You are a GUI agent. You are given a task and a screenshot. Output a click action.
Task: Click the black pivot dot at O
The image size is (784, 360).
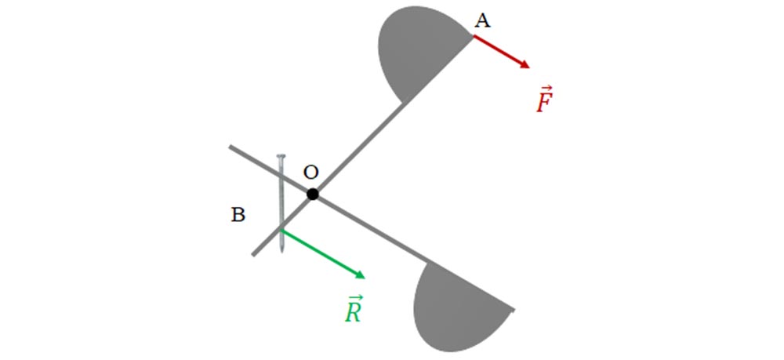313,194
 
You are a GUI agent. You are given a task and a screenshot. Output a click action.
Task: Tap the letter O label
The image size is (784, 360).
311,173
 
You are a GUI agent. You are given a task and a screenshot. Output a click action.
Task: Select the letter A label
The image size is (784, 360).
482,21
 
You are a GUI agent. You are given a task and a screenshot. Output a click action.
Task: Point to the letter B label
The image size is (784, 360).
238,215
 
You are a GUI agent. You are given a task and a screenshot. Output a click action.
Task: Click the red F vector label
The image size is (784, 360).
544,100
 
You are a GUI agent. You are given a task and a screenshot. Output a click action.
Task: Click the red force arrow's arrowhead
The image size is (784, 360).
525,64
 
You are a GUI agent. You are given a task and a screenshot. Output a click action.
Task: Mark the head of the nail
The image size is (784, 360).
281,156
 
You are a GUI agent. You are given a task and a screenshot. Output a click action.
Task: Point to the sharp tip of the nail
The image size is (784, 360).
281,252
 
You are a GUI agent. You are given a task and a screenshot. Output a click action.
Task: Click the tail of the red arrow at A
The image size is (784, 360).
474,36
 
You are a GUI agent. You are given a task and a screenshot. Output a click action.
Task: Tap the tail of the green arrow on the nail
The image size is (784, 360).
281,230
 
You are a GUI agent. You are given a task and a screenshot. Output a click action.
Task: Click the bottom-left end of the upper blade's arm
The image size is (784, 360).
253,254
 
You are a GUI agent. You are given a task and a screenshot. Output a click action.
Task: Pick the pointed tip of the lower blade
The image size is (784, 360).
514,311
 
